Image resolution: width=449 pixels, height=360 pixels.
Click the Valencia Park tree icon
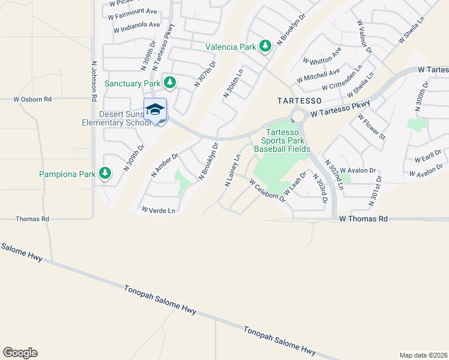[265, 46]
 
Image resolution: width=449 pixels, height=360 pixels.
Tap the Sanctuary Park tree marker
[170, 82]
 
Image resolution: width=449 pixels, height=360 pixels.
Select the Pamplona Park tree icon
[106, 174]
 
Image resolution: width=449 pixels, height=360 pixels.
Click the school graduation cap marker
[155, 109]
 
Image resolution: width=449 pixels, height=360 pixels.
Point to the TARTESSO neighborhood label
[300, 100]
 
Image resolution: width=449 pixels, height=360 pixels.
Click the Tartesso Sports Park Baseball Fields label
[282, 140]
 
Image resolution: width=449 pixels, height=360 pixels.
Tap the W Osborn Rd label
[33, 99]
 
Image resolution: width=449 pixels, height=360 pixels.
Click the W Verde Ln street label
[158, 211]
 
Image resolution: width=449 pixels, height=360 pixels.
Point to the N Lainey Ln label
[232, 170]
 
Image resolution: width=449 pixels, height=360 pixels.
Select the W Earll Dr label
[428, 158]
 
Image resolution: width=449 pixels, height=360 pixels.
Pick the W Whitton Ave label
[322, 56]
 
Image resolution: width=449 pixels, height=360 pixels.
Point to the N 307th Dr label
[205, 74]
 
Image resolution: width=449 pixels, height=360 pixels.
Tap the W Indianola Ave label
[134, 25]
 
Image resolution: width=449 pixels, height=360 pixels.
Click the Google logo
[20, 353]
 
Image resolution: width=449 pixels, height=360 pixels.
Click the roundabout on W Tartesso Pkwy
[298, 115]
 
